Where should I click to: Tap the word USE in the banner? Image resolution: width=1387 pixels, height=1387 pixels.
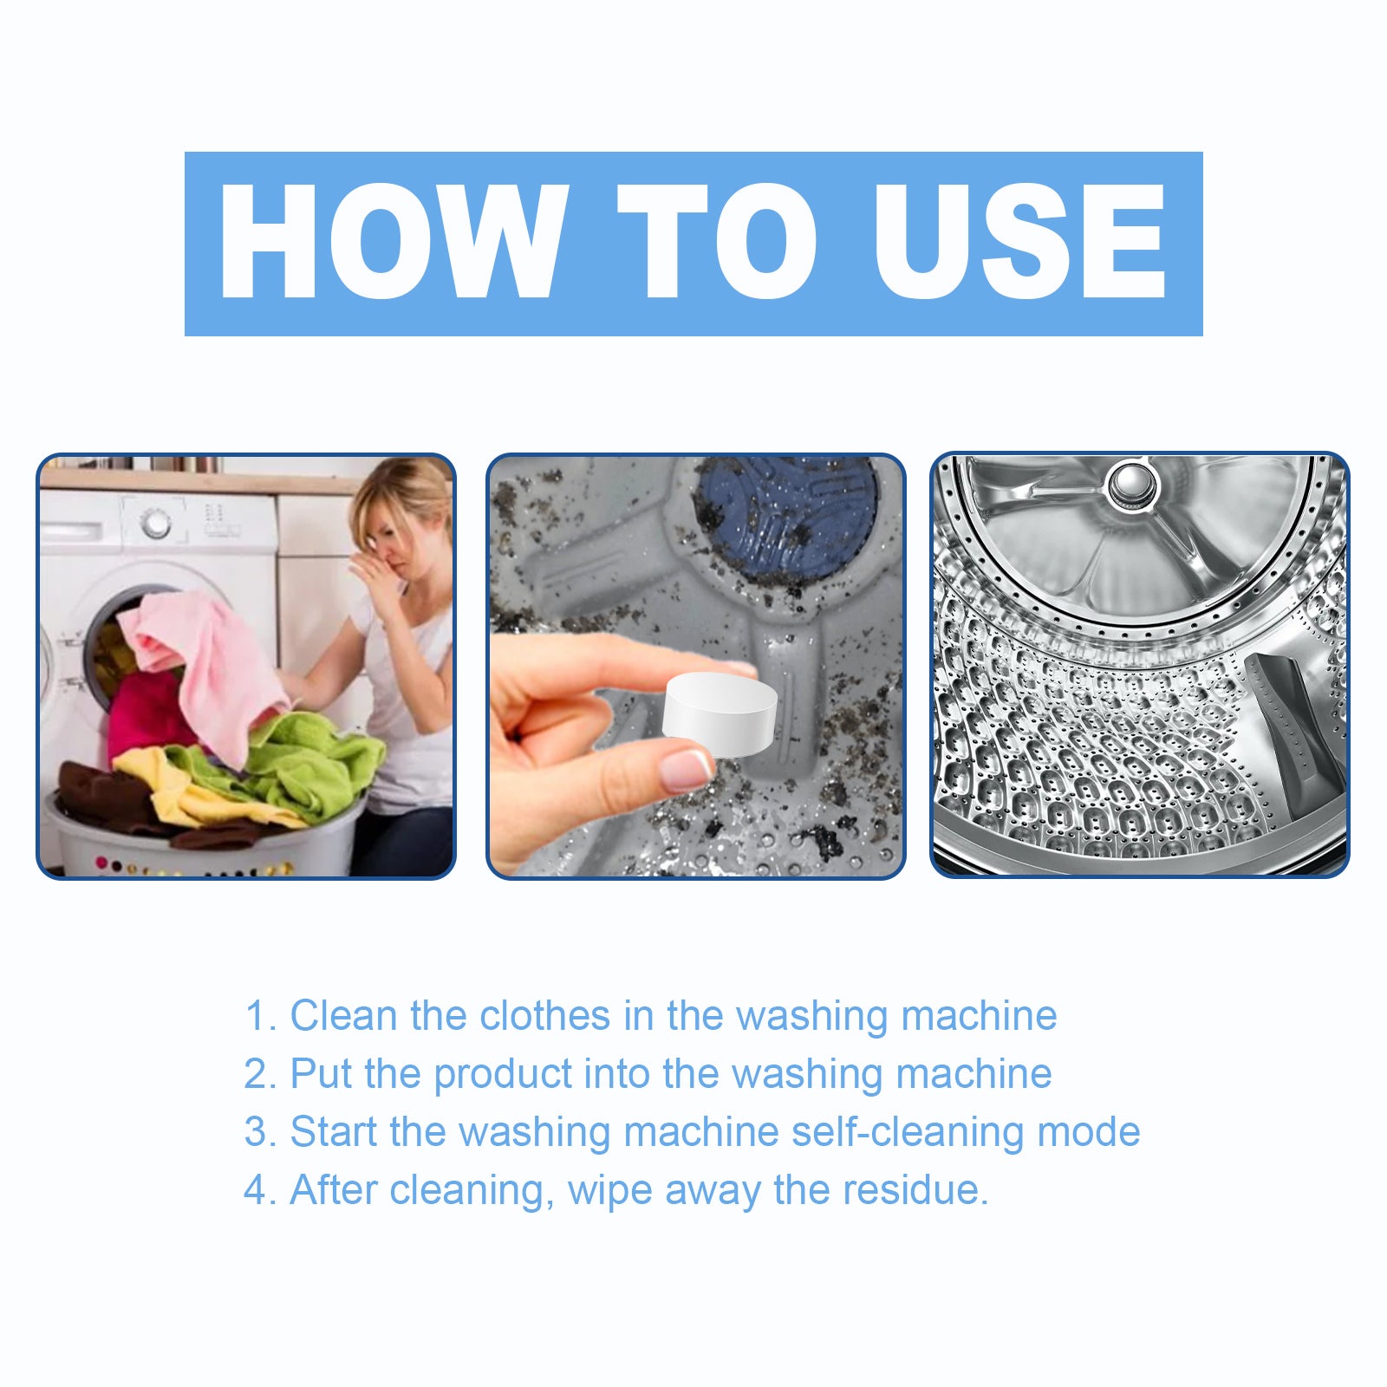[x=1019, y=243]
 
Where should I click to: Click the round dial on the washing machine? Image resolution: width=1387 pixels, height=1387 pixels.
[x=156, y=524]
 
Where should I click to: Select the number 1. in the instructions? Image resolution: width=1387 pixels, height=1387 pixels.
[x=259, y=1016]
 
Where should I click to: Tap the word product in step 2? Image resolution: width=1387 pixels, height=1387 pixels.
[x=503, y=1075]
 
